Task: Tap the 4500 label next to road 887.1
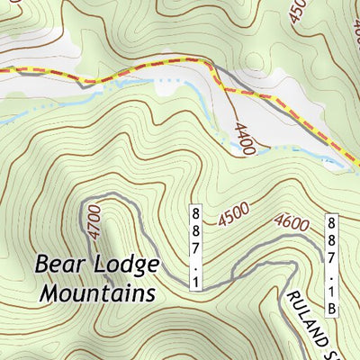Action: coord(232,214)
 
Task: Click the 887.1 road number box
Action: coord(195,247)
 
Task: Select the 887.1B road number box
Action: coord(331,265)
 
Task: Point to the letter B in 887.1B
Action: coord(331,310)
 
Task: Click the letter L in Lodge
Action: coord(102,265)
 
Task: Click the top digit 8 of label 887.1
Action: coord(195,213)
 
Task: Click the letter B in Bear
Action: coord(42,265)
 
